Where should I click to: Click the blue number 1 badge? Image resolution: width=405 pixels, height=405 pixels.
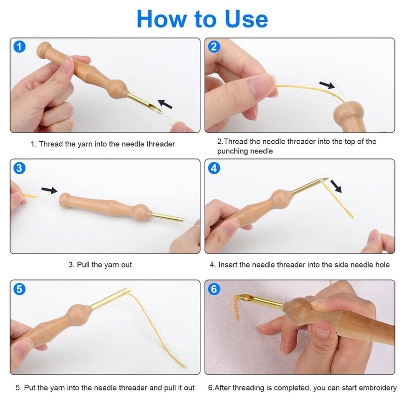click(x=19, y=47)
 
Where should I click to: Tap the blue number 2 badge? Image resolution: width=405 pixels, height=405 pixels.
click(x=214, y=47)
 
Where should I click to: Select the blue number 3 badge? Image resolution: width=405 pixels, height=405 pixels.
click(x=19, y=168)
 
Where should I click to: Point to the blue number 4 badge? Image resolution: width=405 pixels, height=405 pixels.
click(x=214, y=168)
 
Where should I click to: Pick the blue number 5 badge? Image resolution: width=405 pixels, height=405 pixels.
click(x=19, y=289)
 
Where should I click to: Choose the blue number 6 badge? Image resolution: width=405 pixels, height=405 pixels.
click(x=214, y=289)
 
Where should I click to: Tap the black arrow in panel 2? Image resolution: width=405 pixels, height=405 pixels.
click(x=327, y=85)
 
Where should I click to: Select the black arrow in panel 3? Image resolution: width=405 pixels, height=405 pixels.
click(x=49, y=190)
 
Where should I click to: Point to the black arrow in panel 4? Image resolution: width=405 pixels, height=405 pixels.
click(x=335, y=187)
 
